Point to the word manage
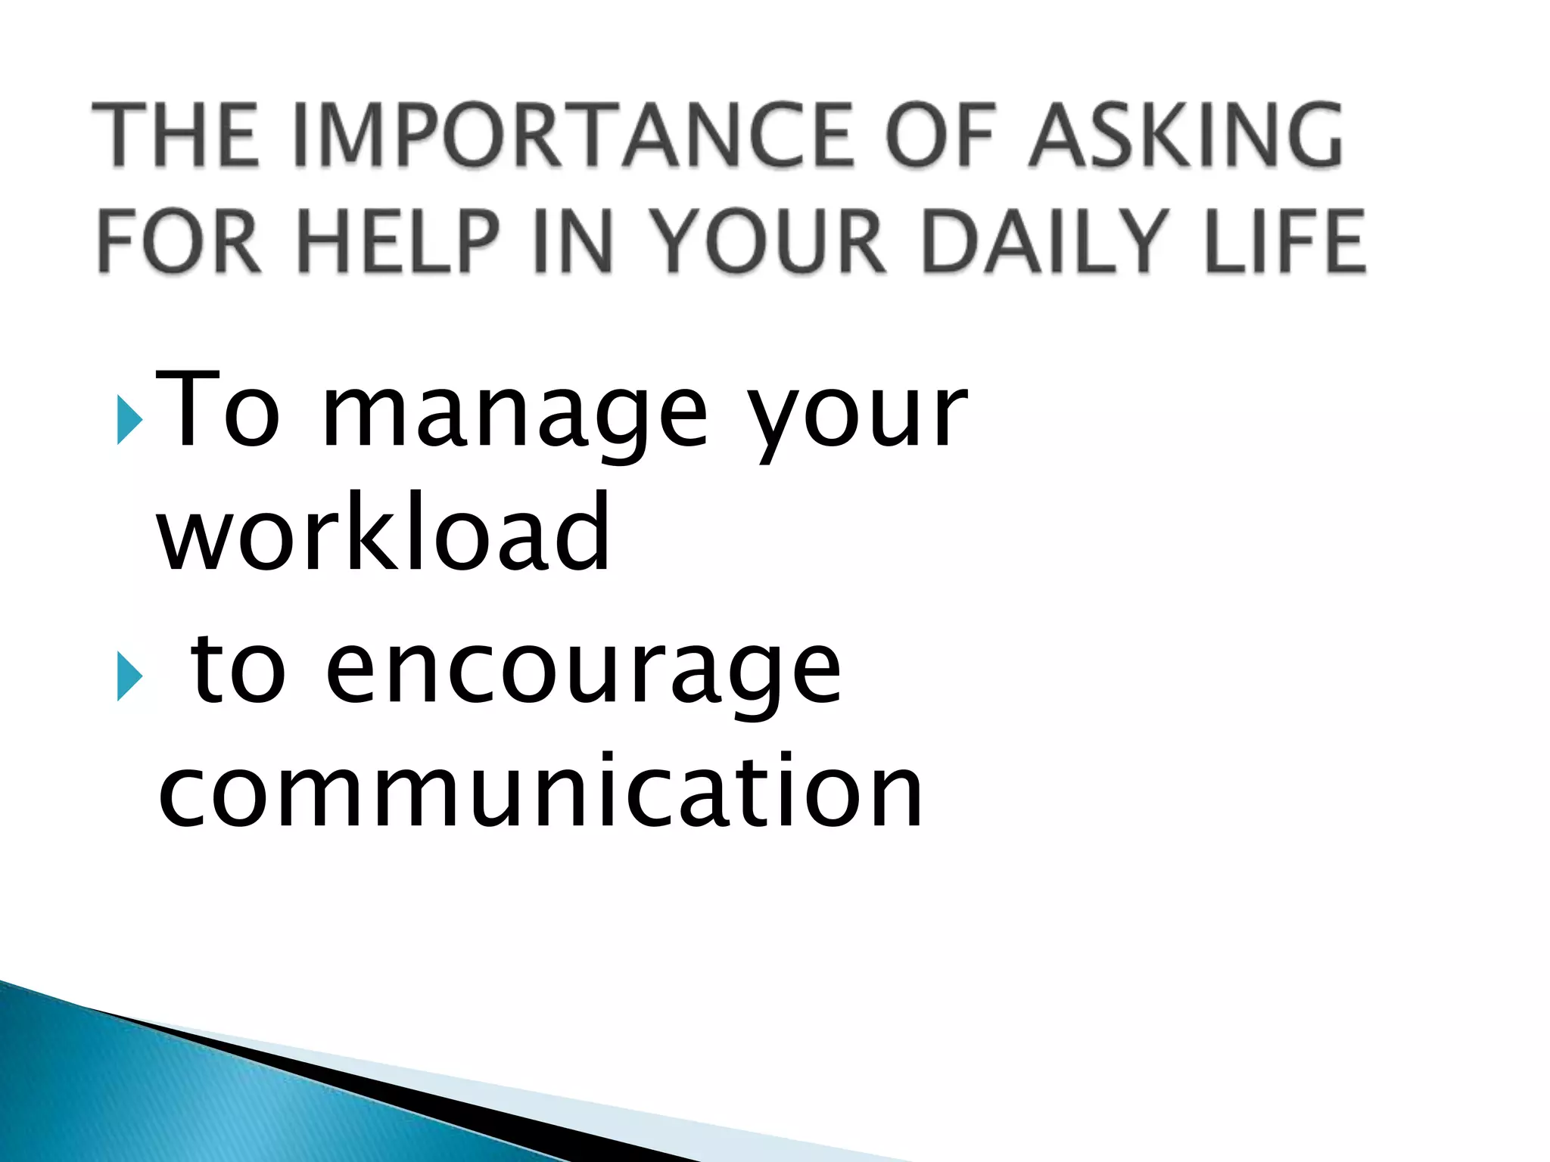click(x=515, y=416)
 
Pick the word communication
click(x=540, y=791)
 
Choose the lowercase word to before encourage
click(x=238, y=670)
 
